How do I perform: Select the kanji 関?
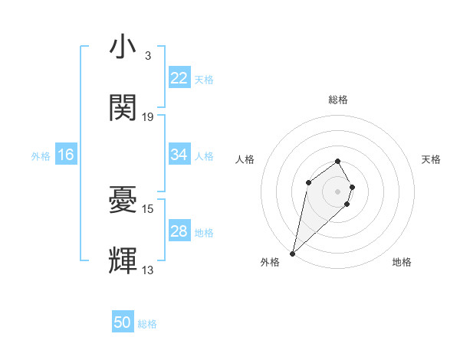pyautogui.click(x=123, y=108)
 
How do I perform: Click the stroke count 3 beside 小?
pyautogui.click(x=147, y=56)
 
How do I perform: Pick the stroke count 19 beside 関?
pyautogui.click(x=148, y=116)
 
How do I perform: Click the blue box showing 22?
pyautogui.click(x=179, y=78)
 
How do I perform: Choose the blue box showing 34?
pyautogui.click(x=179, y=155)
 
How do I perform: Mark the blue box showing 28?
pyautogui.click(x=179, y=231)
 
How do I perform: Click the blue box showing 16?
pyautogui.click(x=66, y=155)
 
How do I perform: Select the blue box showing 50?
pyautogui.click(x=123, y=322)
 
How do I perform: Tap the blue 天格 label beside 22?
pyautogui.click(x=204, y=79)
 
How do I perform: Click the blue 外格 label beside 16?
pyautogui.click(x=41, y=155)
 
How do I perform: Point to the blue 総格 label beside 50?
pyautogui.click(x=147, y=324)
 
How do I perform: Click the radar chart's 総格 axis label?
pyautogui.click(x=338, y=100)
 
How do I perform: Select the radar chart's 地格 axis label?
pyautogui.click(x=402, y=262)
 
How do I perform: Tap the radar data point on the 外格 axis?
pyautogui.click(x=293, y=253)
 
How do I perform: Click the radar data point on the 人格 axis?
pyautogui.click(x=308, y=182)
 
